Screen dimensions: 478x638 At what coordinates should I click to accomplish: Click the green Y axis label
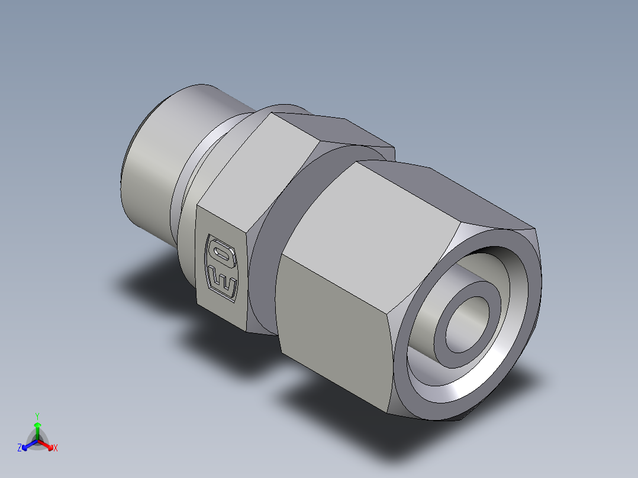pos(37,415)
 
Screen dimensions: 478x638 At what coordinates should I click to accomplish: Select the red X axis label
pos(56,448)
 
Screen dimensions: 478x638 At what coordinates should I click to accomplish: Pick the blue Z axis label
pos(20,448)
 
